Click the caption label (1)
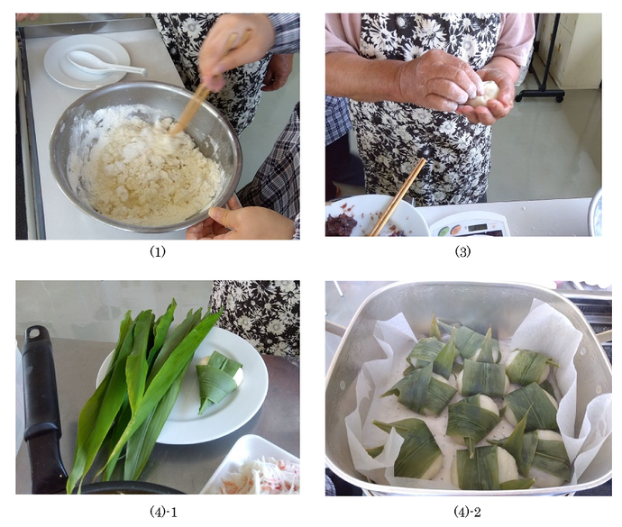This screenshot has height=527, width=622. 157,252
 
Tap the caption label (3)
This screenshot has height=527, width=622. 462,252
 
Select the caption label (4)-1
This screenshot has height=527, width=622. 163,512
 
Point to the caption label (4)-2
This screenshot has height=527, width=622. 467,512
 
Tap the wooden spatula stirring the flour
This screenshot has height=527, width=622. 206,87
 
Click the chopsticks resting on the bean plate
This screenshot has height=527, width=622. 398,197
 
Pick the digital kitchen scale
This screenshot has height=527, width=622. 471,225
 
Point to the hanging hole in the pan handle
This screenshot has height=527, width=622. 34,332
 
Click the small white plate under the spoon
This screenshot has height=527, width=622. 87,61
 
